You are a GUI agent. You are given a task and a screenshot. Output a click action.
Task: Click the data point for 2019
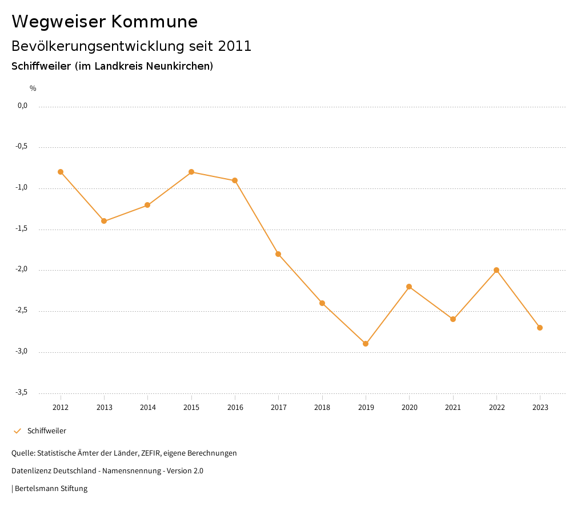366,344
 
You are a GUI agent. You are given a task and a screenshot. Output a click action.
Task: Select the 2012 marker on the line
61,172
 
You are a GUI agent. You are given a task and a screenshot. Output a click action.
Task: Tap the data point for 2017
278,254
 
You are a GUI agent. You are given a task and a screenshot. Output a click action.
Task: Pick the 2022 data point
496,270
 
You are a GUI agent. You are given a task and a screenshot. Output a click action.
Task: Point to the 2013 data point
104,221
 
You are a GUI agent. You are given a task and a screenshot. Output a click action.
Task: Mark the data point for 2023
540,328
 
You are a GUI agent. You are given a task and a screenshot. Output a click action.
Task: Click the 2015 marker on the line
191,172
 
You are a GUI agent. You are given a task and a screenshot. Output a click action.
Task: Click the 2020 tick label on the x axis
409,408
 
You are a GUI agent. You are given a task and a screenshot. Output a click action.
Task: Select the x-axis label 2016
235,408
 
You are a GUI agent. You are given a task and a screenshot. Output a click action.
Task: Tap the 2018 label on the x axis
322,408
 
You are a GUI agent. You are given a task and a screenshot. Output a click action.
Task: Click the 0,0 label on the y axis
23,106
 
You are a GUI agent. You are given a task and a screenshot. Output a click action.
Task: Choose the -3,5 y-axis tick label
22,392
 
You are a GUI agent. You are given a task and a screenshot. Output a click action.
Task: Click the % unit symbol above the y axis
33,88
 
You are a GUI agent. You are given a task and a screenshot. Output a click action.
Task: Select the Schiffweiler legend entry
46,431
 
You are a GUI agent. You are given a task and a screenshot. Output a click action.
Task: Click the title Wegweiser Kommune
105,22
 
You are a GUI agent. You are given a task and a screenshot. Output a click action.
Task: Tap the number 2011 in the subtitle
235,46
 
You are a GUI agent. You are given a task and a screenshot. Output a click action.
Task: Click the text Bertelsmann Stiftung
51,489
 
